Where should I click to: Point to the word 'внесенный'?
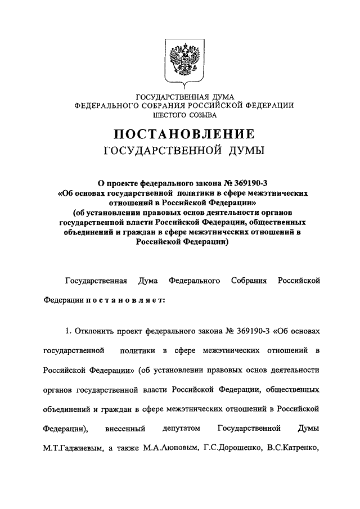125,429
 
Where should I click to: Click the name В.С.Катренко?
292,449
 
